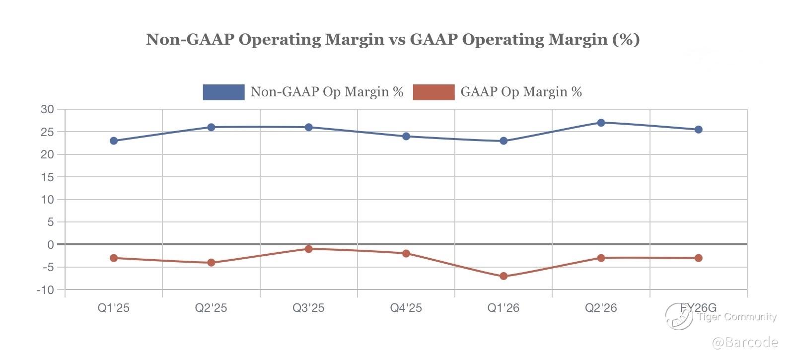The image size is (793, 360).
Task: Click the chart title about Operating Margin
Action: pyautogui.click(x=392, y=39)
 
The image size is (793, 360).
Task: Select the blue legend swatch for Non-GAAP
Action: pyautogui.click(x=223, y=92)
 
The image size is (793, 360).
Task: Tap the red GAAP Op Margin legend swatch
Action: pyautogui.click(x=433, y=92)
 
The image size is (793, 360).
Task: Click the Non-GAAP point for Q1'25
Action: pyautogui.click(x=114, y=141)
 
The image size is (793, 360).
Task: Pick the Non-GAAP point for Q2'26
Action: pyautogui.click(x=601, y=123)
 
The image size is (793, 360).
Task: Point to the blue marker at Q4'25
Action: pyautogui.click(x=406, y=136)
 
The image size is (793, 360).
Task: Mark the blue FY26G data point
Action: pyautogui.click(x=698, y=130)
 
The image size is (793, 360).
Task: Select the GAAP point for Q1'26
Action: pyautogui.click(x=504, y=276)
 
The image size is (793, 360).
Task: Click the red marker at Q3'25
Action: pyautogui.click(x=308, y=249)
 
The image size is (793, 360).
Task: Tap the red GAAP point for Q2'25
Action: pyautogui.click(x=211, y=263)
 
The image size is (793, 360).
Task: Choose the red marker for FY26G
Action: pyautogui.click(x=698, y=258)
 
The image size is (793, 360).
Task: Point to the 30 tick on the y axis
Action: pyautogui.click(x=47, y=109)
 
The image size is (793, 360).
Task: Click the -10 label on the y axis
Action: pyautogui.click(x=45, y=290)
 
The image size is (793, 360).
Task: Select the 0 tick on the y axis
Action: pyautogui.click(x=50, y=245)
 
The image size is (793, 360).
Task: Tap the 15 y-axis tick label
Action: pyautogui.click(x=47, y=177)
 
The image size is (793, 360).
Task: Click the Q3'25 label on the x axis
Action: pyautogui.click(x=308, y=308)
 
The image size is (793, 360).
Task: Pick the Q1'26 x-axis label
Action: pyautogui.click(x=504, y=308)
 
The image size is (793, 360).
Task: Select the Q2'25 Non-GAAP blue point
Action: pyautogui.click(x=211, y=127)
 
